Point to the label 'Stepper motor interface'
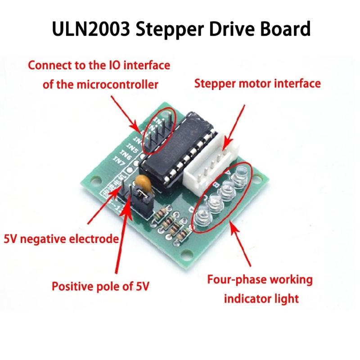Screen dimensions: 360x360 [257, 84]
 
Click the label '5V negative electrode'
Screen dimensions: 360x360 [61, 238]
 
